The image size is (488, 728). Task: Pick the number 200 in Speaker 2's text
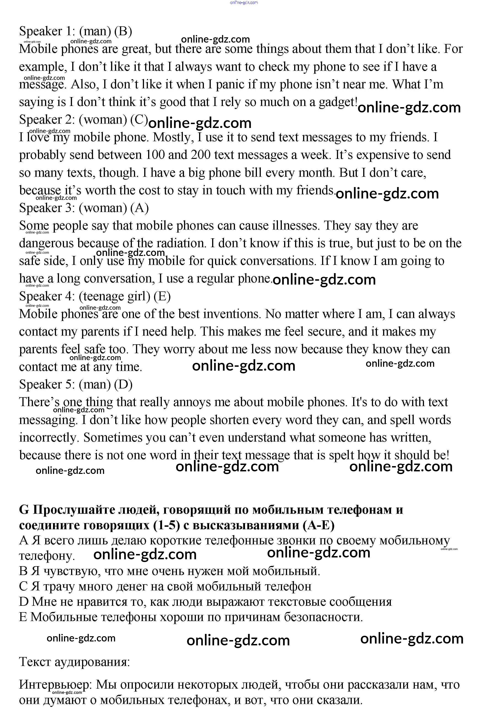click(201, 155)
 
